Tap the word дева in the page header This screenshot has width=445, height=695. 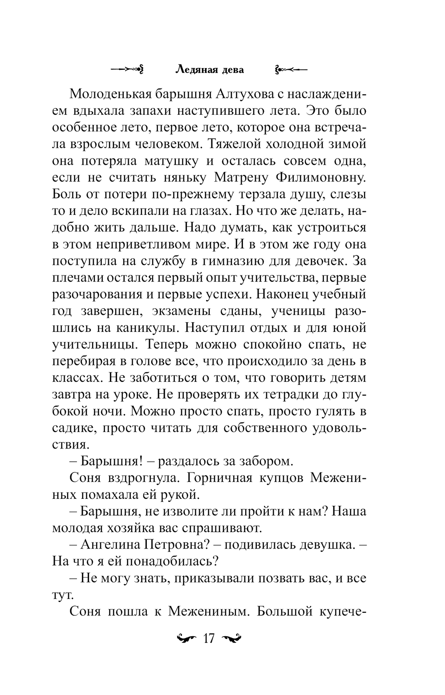coord(232,69)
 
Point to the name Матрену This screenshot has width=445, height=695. coord(240,178)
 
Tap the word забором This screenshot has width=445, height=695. coord(267,461)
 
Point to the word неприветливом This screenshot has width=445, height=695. coord(159,244)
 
